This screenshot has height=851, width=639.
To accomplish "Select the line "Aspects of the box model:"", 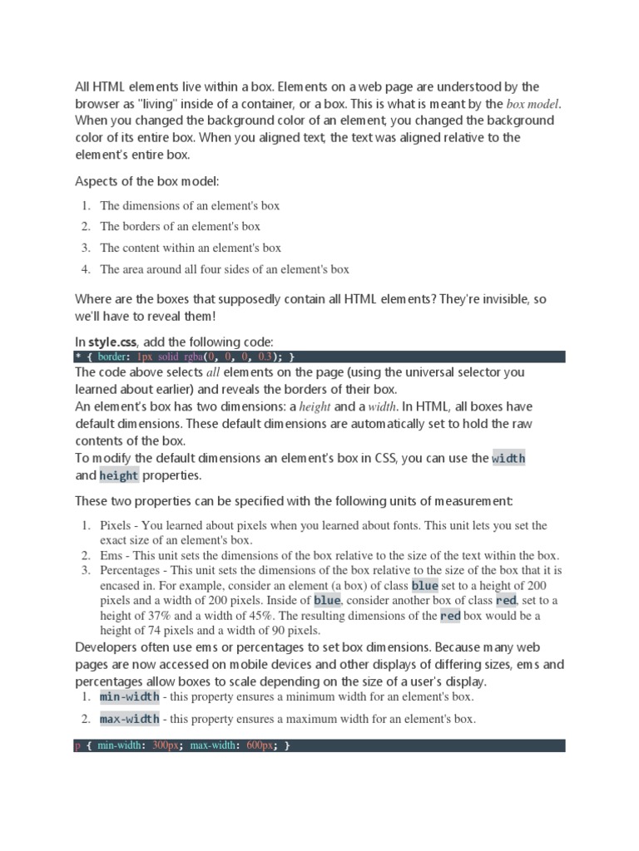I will [x=147, y=181].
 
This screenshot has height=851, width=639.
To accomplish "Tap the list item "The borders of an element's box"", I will [x=180, y=226].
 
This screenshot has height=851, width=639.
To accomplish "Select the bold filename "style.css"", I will [x=116, y=342].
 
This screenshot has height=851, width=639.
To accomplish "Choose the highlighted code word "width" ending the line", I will [x=508, y=458].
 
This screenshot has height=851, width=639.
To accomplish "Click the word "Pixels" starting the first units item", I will [x=116, y=526].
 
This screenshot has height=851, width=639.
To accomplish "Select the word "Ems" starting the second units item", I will [x=111, y=556].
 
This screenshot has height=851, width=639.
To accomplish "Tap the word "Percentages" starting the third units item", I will [x=131, y=571].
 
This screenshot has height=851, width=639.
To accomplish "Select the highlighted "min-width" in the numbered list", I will [x=129, y=696].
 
